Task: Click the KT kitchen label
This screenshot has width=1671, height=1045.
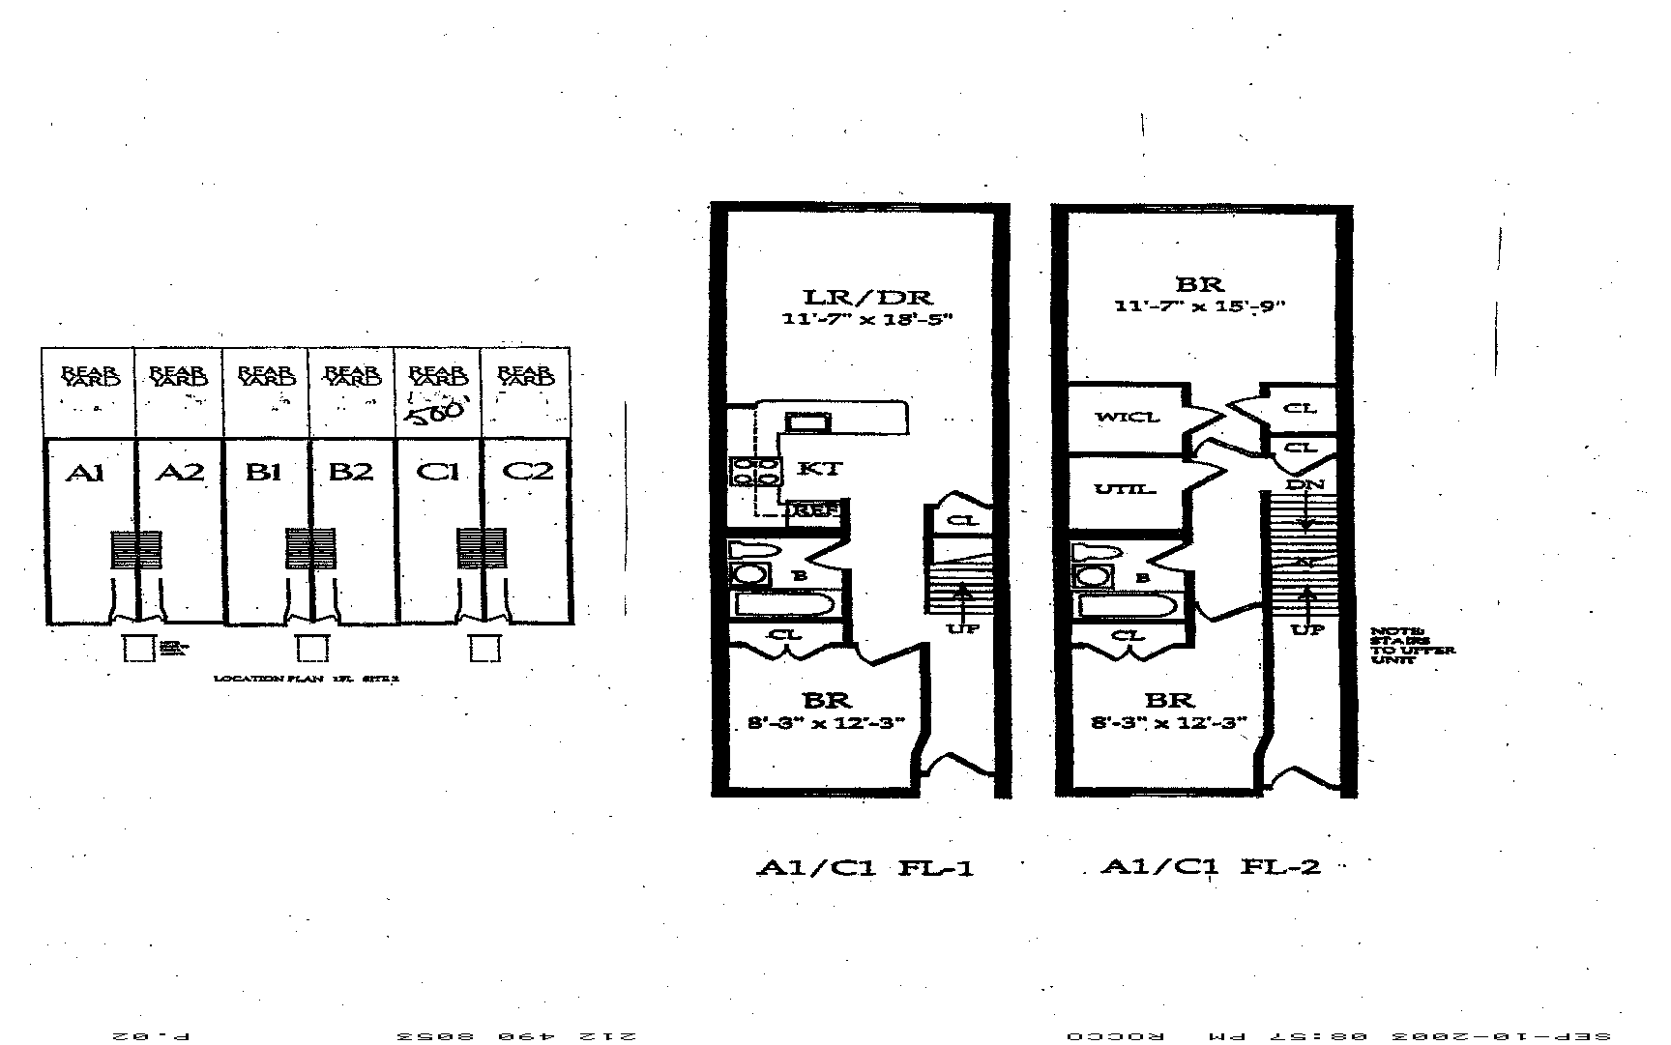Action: point(819,469)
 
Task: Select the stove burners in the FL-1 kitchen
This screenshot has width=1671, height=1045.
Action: point(755,471)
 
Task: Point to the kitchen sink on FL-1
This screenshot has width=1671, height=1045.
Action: point(806,421)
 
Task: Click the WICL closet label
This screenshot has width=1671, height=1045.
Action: point(1127,418)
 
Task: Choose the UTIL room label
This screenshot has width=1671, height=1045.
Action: point(1125,489)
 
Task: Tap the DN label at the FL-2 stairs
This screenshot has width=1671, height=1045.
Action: point(1305,483)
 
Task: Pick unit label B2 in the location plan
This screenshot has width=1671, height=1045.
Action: point(350,472)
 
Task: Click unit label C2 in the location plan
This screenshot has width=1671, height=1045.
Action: point(529,471)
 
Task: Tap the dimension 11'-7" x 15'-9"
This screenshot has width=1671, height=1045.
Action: point(1199,306)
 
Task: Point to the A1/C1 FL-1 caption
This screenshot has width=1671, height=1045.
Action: point(864,868)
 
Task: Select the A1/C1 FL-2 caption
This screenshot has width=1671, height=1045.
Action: point(1210,866)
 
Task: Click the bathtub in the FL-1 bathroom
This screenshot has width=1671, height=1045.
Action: point(785,606)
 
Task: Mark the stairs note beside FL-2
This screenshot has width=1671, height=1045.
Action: point(1411,645)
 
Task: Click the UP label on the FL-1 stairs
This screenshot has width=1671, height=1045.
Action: point(963,628)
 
